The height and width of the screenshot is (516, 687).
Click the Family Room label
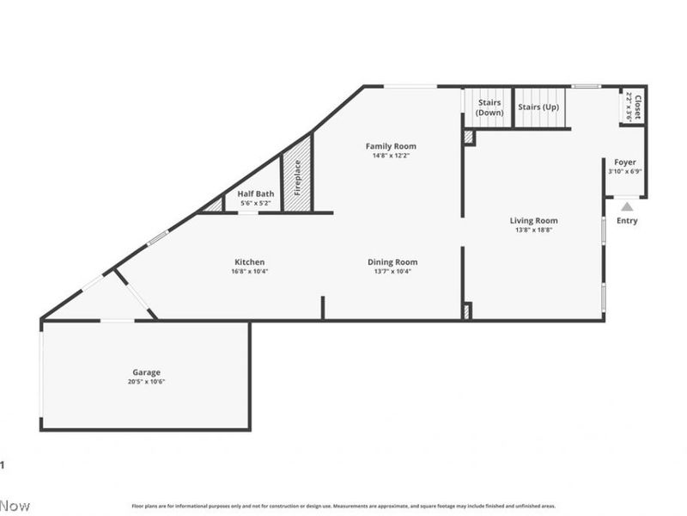tap(391, 146)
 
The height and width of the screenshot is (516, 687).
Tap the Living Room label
tap(533, 220)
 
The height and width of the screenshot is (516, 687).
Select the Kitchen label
tap(250, 262)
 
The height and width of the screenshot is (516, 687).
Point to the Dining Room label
tap(392, 262)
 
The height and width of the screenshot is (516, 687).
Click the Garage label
tap(146, 372)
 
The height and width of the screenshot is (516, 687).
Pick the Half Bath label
tap(256, 193)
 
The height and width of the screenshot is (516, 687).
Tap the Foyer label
tap(624, 162)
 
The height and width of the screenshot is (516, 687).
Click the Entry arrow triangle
tap(627, 206)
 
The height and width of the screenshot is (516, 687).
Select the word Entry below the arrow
tap(627, 221)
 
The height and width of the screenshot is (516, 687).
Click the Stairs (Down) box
tap(489, 107)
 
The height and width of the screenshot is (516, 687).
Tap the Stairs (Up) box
tap(539, 107)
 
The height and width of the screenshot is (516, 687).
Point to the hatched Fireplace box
tap(297, 177)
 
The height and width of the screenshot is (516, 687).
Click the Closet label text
tap(638, 107)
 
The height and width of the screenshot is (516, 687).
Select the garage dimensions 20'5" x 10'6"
tap(146, 382)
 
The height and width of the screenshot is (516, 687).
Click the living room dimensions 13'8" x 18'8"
tap(533, 230)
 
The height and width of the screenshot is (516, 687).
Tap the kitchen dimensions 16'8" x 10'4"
tap(250, 272)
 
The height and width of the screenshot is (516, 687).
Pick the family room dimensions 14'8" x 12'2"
tap(391, 156)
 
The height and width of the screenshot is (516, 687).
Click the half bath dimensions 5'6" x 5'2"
tap(256, 203)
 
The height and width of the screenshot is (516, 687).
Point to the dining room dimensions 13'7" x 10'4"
tap(392, 272)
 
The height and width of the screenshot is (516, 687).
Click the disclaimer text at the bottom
tap(343, 506)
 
